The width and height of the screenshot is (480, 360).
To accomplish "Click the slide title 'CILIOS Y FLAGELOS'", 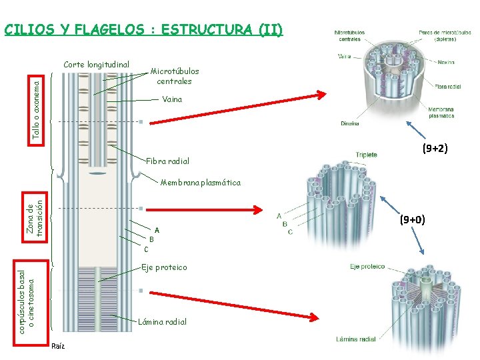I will tap(143, 30).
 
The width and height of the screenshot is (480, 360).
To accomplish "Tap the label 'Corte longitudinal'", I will tap(96, 65).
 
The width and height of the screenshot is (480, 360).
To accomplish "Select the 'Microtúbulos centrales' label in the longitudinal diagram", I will tap(174, 76).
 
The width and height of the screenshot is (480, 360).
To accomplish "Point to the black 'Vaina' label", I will tap(172, 99).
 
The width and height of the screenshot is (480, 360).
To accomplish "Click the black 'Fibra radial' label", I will tap(167, 161).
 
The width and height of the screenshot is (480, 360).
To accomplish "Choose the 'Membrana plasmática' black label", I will tap(201, 183).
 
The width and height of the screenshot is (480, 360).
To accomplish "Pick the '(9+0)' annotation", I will tap(412, 218).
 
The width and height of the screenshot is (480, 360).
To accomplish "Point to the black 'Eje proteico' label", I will tap(164, 267).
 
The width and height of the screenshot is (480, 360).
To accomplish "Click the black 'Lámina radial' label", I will tap(162, 322).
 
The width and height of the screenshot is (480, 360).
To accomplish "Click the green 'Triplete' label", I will tap(366, 155).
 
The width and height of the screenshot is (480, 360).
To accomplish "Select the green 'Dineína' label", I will tap(349, 123).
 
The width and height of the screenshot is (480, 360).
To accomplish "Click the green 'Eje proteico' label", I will tap(367, 267).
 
